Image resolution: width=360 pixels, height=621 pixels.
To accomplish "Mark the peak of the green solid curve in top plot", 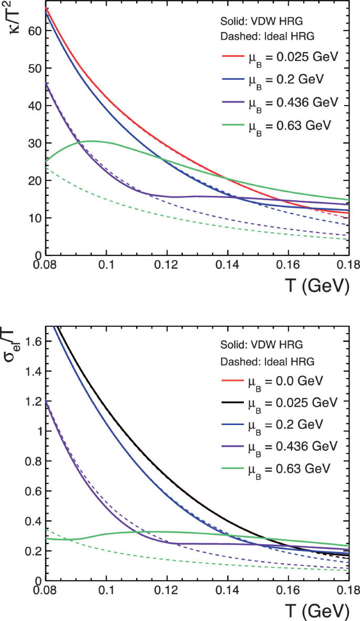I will pos(91,141).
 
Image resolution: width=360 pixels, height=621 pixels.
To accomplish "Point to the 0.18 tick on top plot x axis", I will pos(348,266).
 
